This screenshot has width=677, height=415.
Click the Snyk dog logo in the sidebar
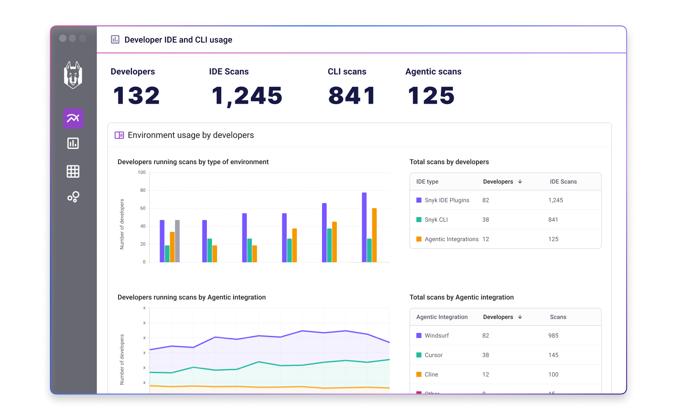[x=73, y=75]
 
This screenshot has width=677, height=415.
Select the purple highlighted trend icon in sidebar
[x=73, y=118]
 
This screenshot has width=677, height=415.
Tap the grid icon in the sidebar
[x=73, y=171]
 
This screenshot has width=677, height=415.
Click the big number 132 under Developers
[x=136, y=96]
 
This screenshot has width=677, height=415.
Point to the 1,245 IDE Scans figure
[x=247, y=96]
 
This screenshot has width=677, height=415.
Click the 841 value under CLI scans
[x=352, y=96]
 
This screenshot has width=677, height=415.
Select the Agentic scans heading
[x=433, y=71]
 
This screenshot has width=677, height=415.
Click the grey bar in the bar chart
[x=177, y=241]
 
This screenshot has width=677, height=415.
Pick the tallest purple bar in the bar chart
[x=364, y=227]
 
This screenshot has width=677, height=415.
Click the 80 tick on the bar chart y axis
[x=143, y=190]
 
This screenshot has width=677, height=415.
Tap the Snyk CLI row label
[x=436, y=220]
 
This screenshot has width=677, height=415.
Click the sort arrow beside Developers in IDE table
[x=520, y=181]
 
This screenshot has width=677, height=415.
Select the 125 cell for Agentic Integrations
[x=553, y=239]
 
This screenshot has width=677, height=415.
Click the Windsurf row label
[x=437, y=335]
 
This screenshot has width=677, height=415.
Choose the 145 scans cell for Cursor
[x=553, y=355]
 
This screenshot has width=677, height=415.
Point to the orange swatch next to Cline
[x=419, y=374]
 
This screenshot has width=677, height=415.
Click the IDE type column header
[x=427, y=181]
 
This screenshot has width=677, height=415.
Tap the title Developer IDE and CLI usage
[x=178, y=40]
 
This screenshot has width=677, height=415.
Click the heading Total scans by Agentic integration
[x=462, y=297]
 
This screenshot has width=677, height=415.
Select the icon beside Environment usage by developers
[x=119, y=135]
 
